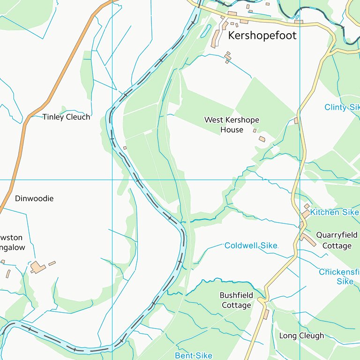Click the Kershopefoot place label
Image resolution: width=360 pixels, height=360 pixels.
pos(262,36)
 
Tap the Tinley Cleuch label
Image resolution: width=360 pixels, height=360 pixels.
pos(66,117)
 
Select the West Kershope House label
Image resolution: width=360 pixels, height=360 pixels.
pos(232,125)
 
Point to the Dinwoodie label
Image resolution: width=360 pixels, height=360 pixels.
pos(34,199)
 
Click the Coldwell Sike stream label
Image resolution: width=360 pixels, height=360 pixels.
pos(251,246)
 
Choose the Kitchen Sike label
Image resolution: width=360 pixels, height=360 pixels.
pos(334,212)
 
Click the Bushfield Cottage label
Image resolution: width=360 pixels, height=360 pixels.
pos(236,300)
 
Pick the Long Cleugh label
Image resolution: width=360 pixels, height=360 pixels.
pos(301,336)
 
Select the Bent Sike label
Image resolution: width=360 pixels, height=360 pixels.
pos(193,356)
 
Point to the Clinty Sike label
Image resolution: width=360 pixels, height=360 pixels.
pos(342,107)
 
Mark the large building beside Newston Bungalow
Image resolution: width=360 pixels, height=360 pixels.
pos(37,267)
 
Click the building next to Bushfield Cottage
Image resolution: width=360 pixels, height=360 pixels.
pos(266,314)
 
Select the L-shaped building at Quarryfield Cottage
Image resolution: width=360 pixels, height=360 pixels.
pos(308,240)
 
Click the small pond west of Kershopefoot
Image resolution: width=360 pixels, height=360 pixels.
pos(205,31)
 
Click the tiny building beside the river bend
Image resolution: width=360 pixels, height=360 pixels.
pos(125,148)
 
